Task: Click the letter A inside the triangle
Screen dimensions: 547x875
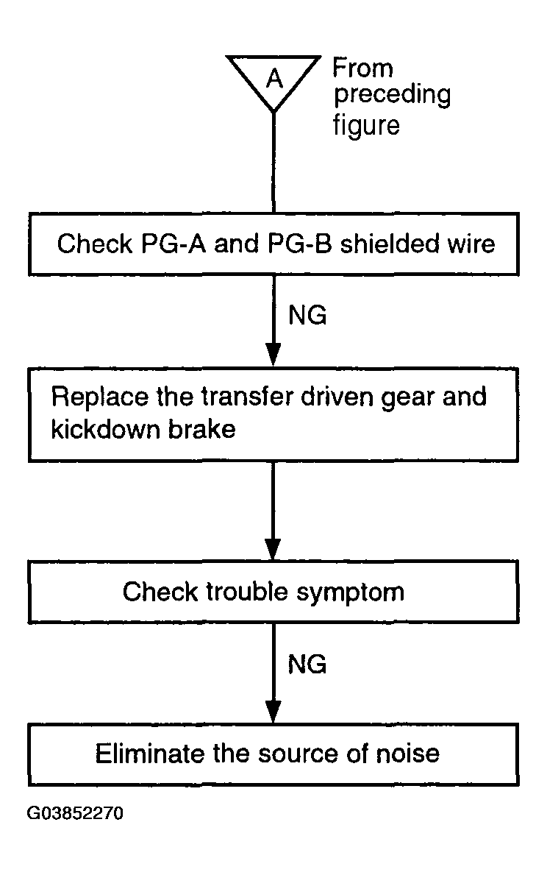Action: [274, 79]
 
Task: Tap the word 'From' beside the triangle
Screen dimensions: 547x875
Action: [363, 68]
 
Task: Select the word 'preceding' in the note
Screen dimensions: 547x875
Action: [392, 96]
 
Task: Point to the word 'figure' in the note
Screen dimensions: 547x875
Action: [366, 125]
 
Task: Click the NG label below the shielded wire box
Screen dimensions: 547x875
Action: [307, 315]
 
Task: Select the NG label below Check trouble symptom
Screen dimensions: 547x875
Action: [307, 664]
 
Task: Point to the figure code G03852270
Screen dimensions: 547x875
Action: [75, 813]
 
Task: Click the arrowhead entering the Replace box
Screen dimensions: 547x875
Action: [273, 355]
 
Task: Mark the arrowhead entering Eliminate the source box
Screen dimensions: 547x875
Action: [273, 712]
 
